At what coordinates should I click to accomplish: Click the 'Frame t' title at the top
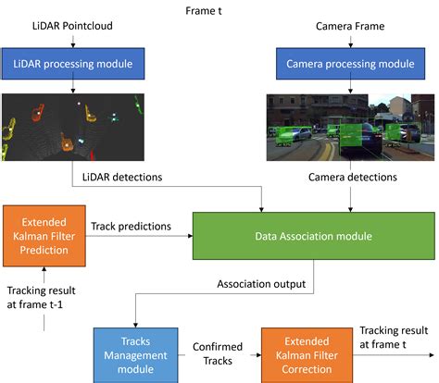[216, 9]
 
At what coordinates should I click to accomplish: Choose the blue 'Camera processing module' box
[351, 66]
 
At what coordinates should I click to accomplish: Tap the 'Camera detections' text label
[352, 176]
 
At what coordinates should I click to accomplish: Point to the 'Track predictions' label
[131, 225]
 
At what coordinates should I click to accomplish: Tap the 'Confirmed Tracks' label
[213, 353]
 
